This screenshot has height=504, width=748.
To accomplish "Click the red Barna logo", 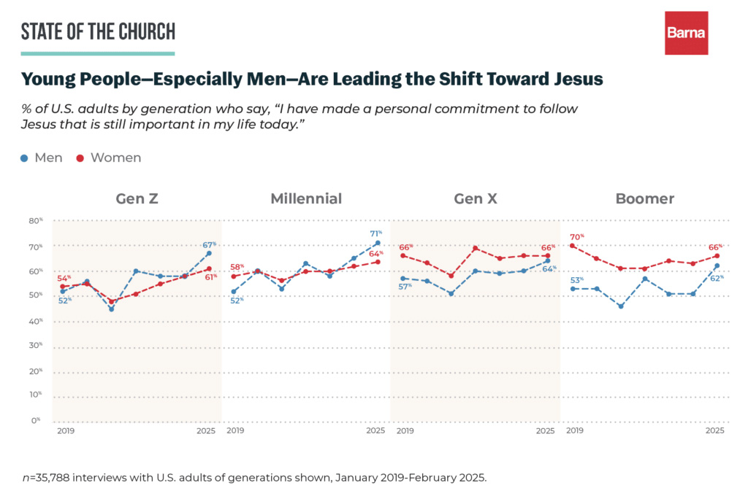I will click(686, 33).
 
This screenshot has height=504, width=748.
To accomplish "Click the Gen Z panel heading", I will click(137, 198).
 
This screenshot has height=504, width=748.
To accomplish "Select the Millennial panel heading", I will click(305, 198).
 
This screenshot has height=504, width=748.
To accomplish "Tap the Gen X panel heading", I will click(476, 198).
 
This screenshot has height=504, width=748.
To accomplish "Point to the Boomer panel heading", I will click(644, 198).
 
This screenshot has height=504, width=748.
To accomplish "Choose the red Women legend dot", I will click(80, 158).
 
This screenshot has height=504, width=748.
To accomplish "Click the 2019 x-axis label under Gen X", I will click(405, 431).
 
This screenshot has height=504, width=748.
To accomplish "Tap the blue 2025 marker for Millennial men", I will click(377, 243).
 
